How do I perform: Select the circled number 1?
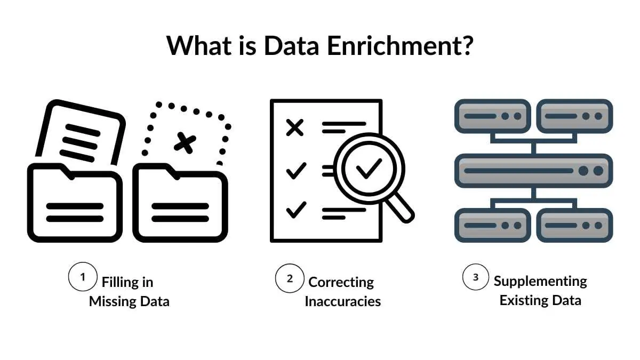click(x=83, y=277)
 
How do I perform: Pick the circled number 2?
click(x=290, y=278)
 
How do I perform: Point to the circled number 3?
click(x=476, y=277)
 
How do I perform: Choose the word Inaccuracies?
click(x=342, y=301)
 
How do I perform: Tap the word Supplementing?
click(x=540, y=281)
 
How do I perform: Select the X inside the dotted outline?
click(x=185, y=143)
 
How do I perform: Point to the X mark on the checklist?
click(x=295, y=127)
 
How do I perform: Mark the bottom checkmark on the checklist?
click(x=296, y=210)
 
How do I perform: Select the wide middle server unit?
click(x=533, y=171)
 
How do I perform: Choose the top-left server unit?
click(x=492, y=116)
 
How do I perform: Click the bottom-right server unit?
click(x=574, y=225)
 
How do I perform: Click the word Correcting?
click(x=341, y=282)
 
